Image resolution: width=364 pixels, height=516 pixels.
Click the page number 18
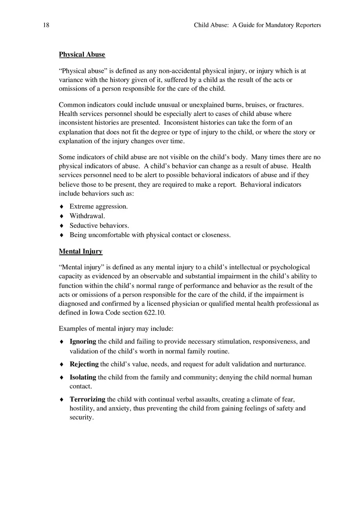tap(46, 25)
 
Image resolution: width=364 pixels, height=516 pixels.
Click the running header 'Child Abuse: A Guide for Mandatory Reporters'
tap(257, 25)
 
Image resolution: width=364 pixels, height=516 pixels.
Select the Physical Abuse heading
tap(82, 55)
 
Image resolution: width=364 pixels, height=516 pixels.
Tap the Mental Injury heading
tap(81, 252)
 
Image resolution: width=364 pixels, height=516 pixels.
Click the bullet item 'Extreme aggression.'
tap(98, 206)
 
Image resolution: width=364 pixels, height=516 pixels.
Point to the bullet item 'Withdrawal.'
tap(87, 216)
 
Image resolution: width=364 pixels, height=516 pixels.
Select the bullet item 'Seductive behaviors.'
tap(99, 226)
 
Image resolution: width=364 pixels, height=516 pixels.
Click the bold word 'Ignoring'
tap(83, 342)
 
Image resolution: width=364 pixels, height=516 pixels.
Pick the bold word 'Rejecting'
tap(84, 365)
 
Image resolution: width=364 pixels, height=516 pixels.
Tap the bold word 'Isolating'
tap(83, 377)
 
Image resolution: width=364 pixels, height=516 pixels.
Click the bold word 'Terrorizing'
tap(87, 400)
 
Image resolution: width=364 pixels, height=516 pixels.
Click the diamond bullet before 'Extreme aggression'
tap(62, 206)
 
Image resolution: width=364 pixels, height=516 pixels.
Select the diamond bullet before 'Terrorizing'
tap(62, 400)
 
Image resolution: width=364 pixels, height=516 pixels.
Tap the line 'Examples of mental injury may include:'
tap(116, 329)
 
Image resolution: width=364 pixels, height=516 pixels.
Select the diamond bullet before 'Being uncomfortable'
tap(62, 235)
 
